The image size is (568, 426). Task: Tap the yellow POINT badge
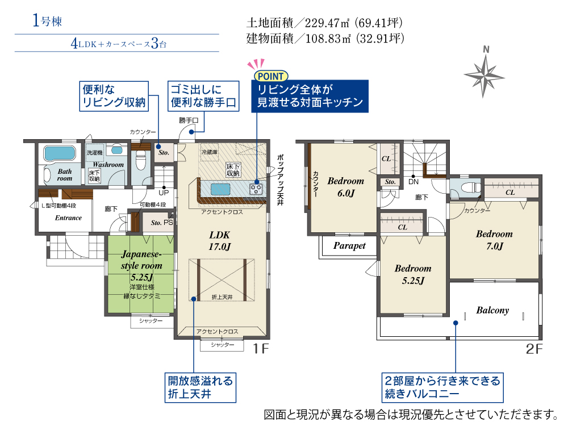[270, 76]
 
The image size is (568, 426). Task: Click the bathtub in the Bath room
[60, 153]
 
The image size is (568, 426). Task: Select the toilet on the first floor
[140, 160]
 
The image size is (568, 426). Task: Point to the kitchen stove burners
[256, 189]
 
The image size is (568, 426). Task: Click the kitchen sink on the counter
[220, 189]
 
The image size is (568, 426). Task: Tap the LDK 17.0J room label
[219, 241]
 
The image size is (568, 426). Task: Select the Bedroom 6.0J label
[345, 187]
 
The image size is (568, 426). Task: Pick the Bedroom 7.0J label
[494, 240]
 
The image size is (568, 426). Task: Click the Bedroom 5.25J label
[413, 274]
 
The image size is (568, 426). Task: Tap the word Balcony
[492, 310]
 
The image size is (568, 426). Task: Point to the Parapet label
[349, 245]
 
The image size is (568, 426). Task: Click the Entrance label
[68, 218]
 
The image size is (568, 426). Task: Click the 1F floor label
[261, 349]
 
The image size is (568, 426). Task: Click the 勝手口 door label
[189, 120]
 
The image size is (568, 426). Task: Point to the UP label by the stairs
[164, 193]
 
